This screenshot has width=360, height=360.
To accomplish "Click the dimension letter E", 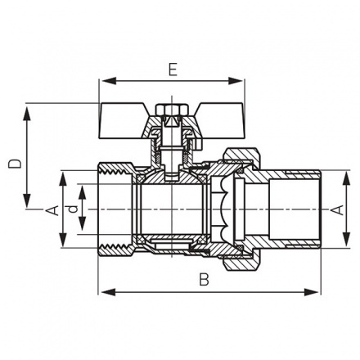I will (171, 70).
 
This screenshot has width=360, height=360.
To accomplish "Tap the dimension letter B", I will (205, 279).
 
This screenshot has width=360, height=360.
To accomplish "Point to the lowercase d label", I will (74, 210).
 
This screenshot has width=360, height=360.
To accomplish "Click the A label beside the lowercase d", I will (52, 210).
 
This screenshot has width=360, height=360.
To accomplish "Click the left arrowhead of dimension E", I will (104, 81).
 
